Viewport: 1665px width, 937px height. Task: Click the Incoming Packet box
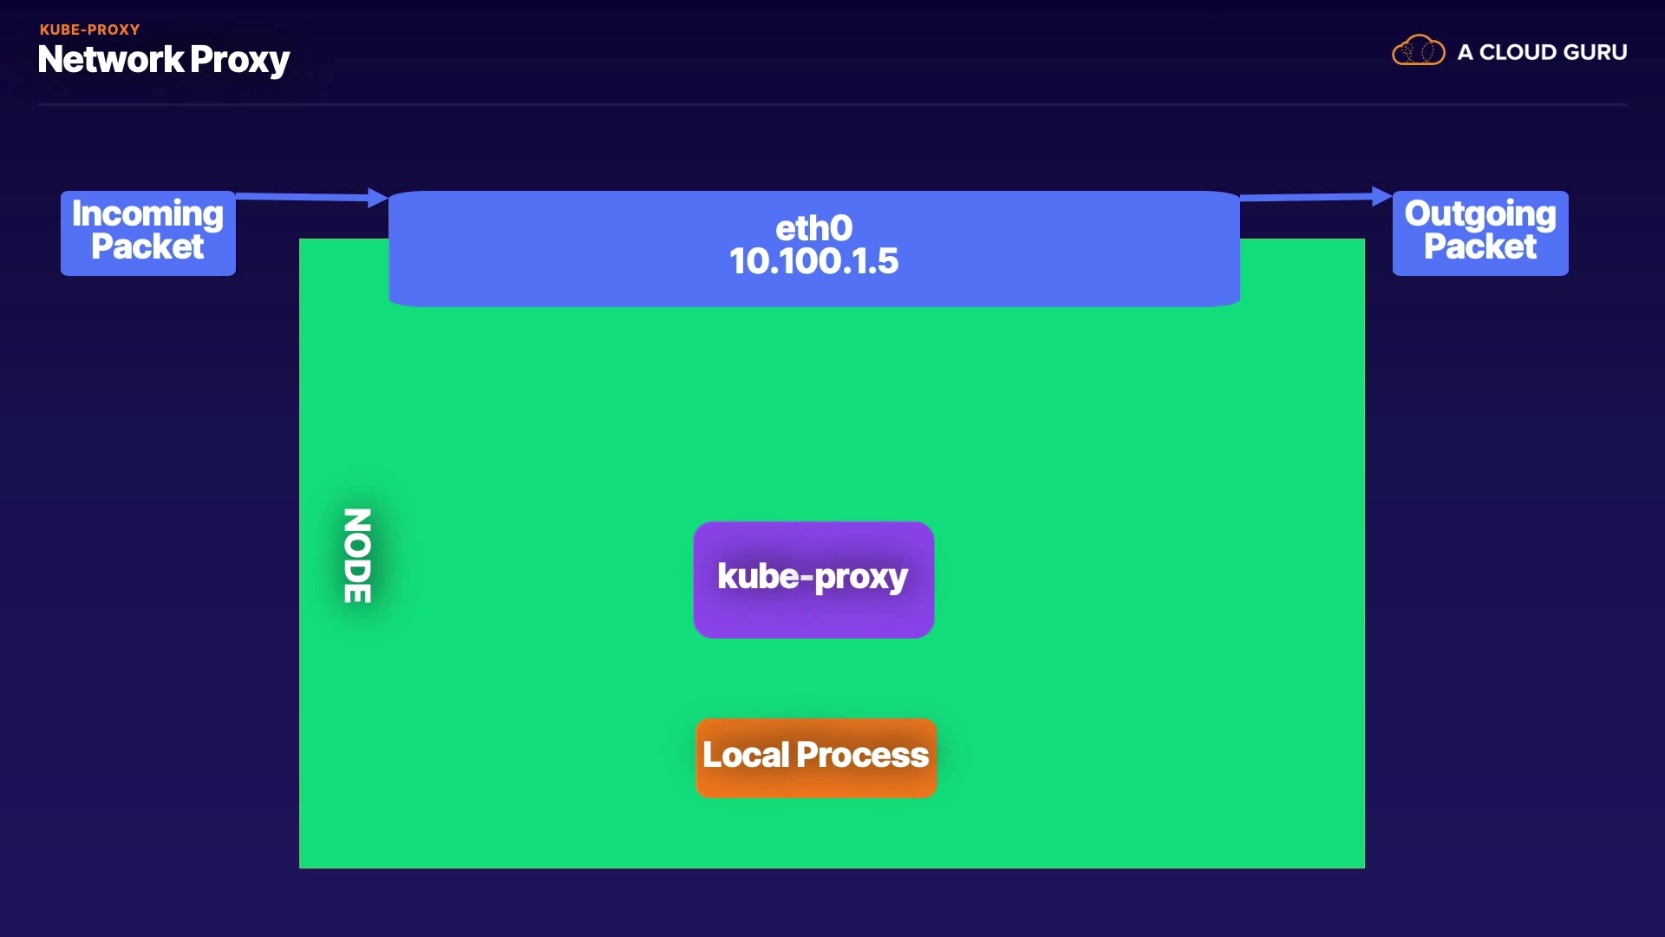[148, 233]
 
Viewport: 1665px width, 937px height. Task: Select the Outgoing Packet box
[1480, 233]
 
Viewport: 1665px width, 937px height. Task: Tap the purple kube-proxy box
[813, 580]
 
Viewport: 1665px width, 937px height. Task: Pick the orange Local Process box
[816, 757]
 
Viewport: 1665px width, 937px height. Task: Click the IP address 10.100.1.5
[813, 261]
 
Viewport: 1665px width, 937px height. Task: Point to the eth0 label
[813, 228]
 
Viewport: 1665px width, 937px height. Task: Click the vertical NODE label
[357, 555]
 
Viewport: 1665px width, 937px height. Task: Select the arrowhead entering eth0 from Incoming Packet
[378, 198]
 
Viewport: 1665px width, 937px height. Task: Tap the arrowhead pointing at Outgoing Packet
[1382, 197]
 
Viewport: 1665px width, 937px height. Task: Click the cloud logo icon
[1419, 50]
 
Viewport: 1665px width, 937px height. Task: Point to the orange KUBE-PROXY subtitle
[89, 29]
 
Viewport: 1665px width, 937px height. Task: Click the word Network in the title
[111, 59]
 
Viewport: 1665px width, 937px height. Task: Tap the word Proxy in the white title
[239, 61]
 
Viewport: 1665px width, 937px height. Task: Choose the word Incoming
[147, 213]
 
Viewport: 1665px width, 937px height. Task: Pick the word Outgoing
[1480, 213]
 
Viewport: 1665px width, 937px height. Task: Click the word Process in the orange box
[863, 755]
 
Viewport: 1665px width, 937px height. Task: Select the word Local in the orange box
[746, 755]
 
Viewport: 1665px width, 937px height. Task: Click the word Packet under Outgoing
[1480, 246]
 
